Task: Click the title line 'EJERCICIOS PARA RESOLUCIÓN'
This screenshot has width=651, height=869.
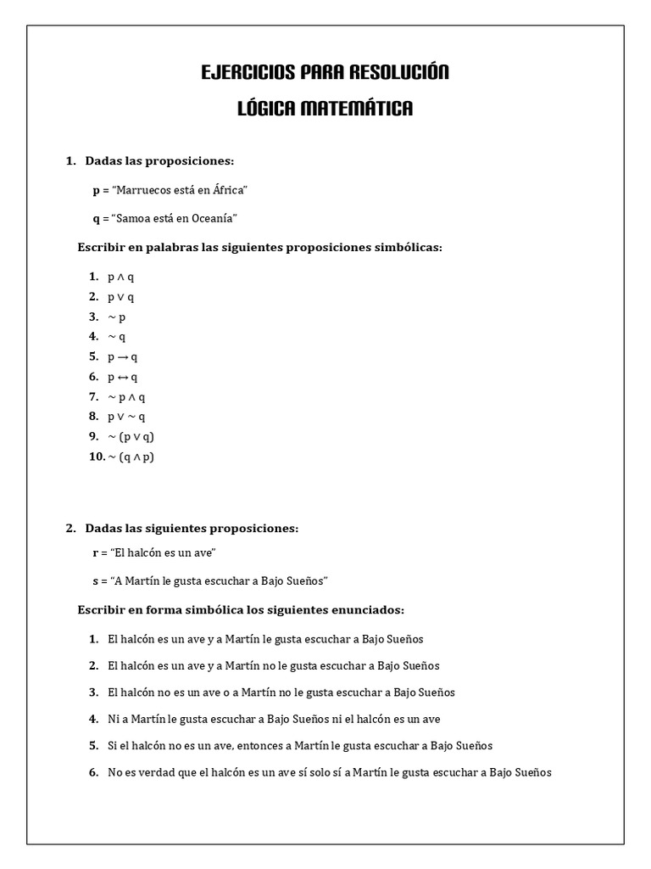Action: coord(325,73)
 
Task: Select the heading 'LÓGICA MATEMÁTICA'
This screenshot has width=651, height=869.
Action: coord(325,109)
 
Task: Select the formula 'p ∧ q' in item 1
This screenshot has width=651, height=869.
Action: coord(120,277)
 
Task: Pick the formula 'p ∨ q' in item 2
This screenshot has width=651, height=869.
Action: coord(120,297)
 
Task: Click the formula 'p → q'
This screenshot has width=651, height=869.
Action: coord(122,357)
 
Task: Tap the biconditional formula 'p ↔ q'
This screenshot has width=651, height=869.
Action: coord(122,377)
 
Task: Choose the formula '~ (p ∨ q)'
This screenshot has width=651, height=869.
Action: coord(131,437)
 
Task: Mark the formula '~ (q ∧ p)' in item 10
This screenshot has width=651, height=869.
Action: coord(131,457)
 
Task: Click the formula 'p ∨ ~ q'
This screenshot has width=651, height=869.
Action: coord(126,417)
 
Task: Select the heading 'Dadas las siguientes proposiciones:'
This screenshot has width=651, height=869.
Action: coord(192,529)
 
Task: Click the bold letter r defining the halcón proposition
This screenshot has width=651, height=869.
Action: coord(96,553)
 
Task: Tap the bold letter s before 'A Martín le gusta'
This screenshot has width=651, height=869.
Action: coord(96,581)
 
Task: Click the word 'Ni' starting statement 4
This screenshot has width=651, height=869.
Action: coord(114,719)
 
